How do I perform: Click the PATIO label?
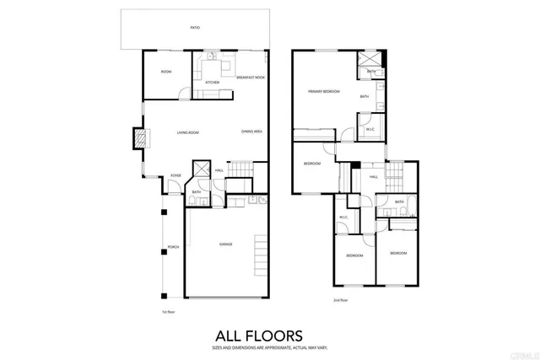195,28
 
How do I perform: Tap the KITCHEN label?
212,82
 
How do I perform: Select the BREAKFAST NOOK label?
251,77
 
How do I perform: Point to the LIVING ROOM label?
187,132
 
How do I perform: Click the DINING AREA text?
251,132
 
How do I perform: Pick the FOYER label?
175,175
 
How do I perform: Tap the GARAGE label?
225,244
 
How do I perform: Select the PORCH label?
172,247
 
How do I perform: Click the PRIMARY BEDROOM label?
323,91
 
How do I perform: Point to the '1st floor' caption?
168,312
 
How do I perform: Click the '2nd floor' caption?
339,301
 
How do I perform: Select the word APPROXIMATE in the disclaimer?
270,347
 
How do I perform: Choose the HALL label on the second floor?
373,177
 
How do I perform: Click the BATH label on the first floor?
196,192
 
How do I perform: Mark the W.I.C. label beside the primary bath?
370,129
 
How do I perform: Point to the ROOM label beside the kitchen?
166,72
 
